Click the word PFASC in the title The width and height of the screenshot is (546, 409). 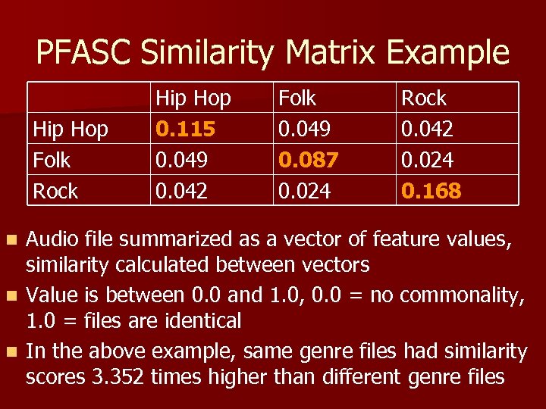(84, 53)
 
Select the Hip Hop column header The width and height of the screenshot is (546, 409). (193, 98)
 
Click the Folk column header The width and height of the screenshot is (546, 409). (298, 98)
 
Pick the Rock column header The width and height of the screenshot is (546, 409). (423, 98)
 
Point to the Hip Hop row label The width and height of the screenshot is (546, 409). (70, 130)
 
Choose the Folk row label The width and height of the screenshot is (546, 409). (52, 160)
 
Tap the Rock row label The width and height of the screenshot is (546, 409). (55, 191)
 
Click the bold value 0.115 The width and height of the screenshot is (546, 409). (185, 130)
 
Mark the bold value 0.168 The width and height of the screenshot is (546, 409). (431, 191)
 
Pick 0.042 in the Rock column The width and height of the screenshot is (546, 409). (427, 130)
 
